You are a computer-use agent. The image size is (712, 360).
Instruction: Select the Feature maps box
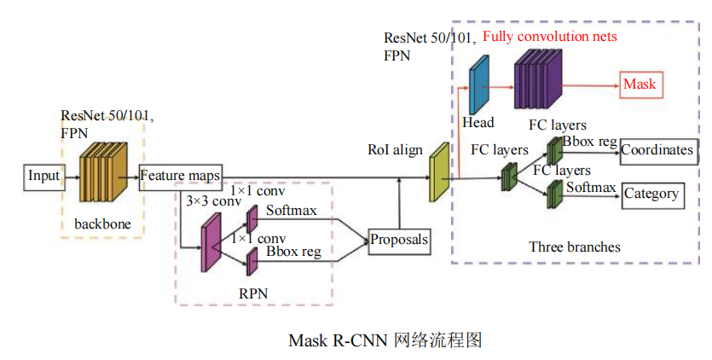[x=179, y=177]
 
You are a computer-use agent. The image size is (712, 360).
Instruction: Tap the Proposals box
[x=399, y=240]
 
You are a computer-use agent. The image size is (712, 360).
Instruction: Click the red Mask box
[x=640, y=84]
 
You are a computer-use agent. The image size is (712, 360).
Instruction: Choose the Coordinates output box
[x=657, y=150]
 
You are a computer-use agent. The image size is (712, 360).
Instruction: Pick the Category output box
[x=652, y=194]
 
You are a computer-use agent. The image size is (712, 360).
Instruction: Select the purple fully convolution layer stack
[x=536, y=79]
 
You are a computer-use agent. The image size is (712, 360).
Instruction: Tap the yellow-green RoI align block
[x=439, y=171]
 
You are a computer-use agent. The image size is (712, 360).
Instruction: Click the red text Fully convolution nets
[x=549, y=37]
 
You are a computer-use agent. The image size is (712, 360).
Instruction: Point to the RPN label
[x=253, y=293]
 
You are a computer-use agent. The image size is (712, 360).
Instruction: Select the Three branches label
[x=575, y=247]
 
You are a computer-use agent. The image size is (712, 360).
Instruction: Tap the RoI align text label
[x=395, y=150]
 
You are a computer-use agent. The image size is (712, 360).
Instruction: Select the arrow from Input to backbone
[x=70, y=177]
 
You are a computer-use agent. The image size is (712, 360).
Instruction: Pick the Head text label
[x=478, y=123]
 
